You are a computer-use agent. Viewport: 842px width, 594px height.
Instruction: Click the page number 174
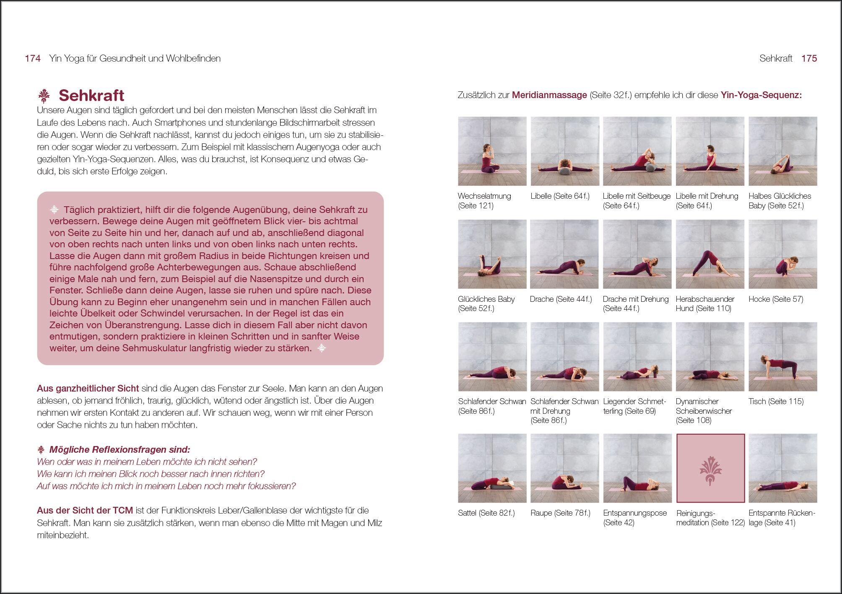33,59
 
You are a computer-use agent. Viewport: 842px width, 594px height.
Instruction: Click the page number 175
809,59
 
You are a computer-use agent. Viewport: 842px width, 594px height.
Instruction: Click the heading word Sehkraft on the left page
91,96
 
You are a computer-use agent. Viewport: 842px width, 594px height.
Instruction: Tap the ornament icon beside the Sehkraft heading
44,96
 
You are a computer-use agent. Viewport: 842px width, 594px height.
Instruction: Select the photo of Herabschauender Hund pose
710,254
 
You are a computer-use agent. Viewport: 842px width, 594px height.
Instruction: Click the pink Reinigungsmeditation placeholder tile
710,468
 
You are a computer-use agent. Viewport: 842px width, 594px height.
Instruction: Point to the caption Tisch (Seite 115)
776,402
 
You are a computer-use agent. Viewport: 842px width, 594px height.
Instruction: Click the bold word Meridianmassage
549,95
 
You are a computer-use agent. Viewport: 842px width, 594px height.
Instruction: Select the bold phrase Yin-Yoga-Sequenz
761,95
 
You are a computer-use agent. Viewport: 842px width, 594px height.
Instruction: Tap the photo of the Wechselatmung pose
492,151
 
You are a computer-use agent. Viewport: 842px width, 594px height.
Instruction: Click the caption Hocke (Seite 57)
776,299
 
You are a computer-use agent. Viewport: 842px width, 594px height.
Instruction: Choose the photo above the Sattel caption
492,468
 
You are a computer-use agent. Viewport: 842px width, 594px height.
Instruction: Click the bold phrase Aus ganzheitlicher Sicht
88,389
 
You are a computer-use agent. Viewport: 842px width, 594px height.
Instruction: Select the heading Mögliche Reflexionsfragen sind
120,450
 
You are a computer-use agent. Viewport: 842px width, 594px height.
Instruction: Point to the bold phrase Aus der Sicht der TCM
85,511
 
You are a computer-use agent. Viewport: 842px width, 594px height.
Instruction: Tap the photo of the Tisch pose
782,357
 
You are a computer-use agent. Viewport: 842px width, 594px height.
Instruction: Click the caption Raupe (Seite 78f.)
560,513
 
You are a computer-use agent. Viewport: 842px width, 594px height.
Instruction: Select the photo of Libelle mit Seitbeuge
637,151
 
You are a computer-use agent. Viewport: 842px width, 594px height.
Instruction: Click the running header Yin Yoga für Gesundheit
135,59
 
